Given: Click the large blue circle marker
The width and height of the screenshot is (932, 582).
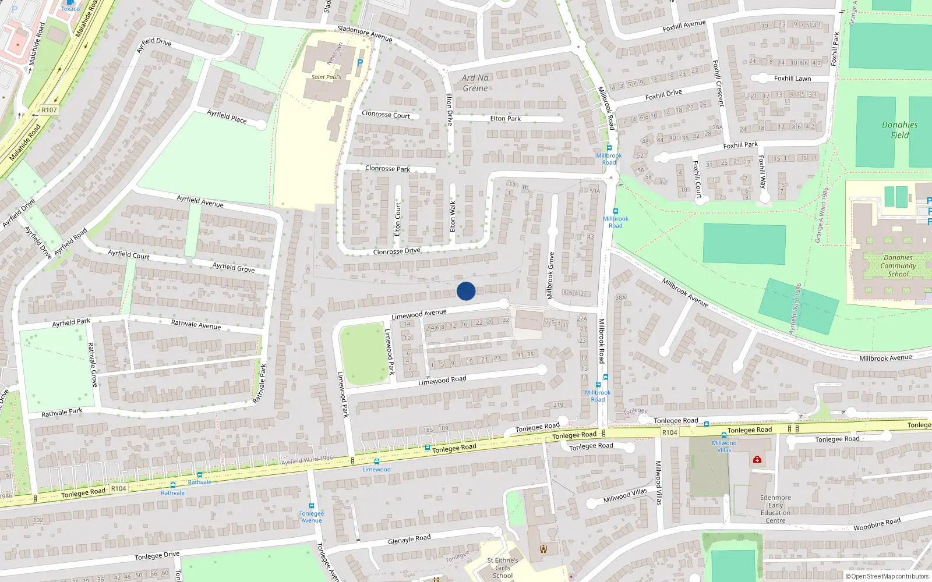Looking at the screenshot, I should pyautogui.click(x=466, y=291).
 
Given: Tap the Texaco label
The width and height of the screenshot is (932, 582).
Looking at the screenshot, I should pyautogui.click(x=70, y=8).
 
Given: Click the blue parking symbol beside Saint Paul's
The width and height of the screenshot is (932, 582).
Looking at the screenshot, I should pyautogui.click(x=359, y=63).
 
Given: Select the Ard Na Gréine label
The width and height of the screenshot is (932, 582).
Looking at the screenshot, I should pyautogui.click(x=475, y=83).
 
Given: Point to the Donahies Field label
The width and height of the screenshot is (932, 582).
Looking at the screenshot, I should pyautogui.click(x=899, y=130).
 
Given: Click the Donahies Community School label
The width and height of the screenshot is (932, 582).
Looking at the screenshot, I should pyautogui.click(x=898, y=265).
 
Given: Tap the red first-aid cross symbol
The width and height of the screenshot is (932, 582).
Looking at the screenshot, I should pyautogui.click(x=757, y=460).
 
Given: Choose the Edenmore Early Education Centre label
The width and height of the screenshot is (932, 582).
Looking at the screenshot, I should pyautogui.click(x=775, y=509).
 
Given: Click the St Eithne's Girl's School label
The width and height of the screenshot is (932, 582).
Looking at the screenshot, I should pyautogui.click(x=502, y=568).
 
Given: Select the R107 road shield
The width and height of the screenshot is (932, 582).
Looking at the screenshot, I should pyautogui.click(x=50, y=110).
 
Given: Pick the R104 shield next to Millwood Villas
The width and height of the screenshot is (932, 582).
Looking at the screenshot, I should pyautogui.click(x=670, y=432).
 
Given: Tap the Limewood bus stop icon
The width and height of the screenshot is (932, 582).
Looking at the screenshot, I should pyautogui.click(x=377, y=462).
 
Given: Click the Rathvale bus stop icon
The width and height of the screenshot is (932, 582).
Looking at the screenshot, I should pyautogui.click(x=200, y=475).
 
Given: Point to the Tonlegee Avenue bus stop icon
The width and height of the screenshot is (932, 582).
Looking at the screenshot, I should pyautogui.click(x=312, y=506).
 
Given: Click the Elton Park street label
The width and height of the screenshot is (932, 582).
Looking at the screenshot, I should pyautogui.click(x=506, y=119).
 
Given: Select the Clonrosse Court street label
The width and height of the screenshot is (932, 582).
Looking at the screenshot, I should pyautogui.click(x=386, y=115).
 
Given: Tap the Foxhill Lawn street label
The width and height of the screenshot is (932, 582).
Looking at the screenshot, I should pyautogui.click(x=792, y=79).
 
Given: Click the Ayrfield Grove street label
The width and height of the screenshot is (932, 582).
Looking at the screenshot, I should pyautogui.click(x=233, y=267).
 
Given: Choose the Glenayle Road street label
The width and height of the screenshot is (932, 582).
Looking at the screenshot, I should pyautogui.click(x=409, y=540).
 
